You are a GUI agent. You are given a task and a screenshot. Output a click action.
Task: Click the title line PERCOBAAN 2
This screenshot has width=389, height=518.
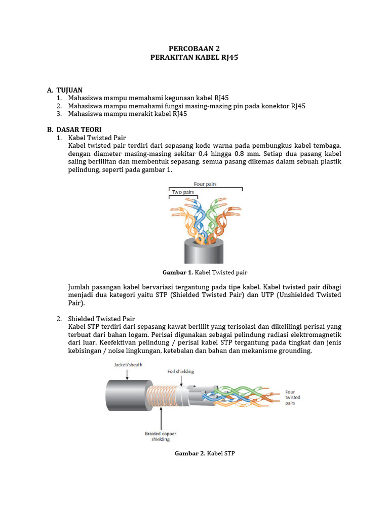[194, 49]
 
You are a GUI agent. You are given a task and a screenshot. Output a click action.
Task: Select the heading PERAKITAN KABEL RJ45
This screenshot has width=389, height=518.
[194, 58]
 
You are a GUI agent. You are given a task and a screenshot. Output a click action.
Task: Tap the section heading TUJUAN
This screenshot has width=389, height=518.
[69, 90]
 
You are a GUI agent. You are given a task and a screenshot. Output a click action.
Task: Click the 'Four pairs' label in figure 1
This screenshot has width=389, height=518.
[205, 184]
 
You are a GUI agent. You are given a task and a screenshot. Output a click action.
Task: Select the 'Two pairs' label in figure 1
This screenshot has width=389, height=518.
[183, 192]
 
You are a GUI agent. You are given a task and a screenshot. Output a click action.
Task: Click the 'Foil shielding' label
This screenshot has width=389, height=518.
[181, 371]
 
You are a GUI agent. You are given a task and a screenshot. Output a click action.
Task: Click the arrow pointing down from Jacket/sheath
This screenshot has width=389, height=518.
[127, 373]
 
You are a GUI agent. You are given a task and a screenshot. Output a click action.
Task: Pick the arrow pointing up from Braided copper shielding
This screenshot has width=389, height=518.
[161, 419]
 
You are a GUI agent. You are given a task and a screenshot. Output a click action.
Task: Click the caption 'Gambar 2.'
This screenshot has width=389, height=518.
[190, 454]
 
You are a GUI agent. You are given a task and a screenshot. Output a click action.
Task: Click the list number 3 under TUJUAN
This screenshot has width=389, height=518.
[59, 114]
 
